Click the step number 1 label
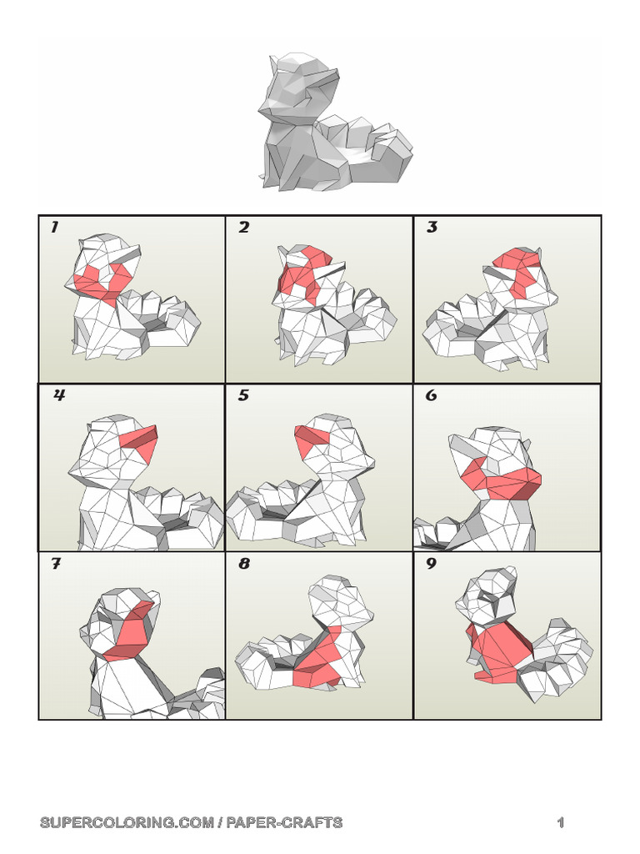[54, 228]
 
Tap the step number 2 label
[243, 228]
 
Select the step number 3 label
[432, 228]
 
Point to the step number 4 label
[58, 395]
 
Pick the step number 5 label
[243, 395]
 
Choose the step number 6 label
[432, 395]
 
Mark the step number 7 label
[55, 564]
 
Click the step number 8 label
[243, 564]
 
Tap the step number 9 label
[432, 564]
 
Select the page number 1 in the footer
[561, 822]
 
